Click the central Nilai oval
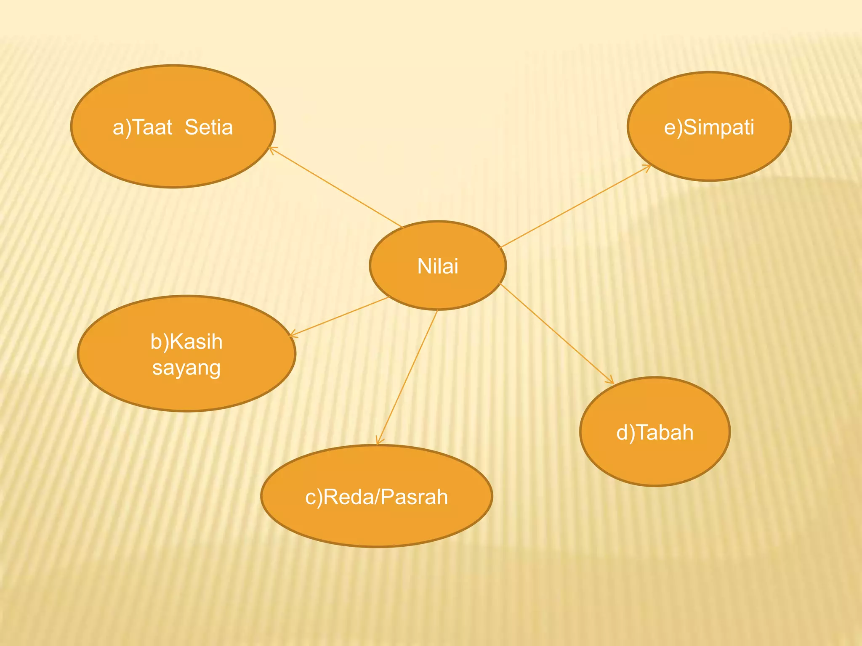click(438, 265)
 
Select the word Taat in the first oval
click(152, 127)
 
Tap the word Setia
click(209, 127)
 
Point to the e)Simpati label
click(709, 127)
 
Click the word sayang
click(186, 368)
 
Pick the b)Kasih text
click(186, 341)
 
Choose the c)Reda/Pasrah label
click(377, 497)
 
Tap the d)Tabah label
click(655, 432)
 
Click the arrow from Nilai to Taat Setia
click(336, 187)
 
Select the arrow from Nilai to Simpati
click(576, 206)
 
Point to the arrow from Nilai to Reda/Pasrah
click(407, 377)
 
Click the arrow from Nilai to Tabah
click(557, 334)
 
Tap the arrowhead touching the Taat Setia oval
click(271, 149)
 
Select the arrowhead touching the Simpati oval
click(647, 167)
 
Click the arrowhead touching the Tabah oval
click(611, 381)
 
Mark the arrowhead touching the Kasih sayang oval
click(293, 335)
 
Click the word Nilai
click(438, 266)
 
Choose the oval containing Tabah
click(655, 432)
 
